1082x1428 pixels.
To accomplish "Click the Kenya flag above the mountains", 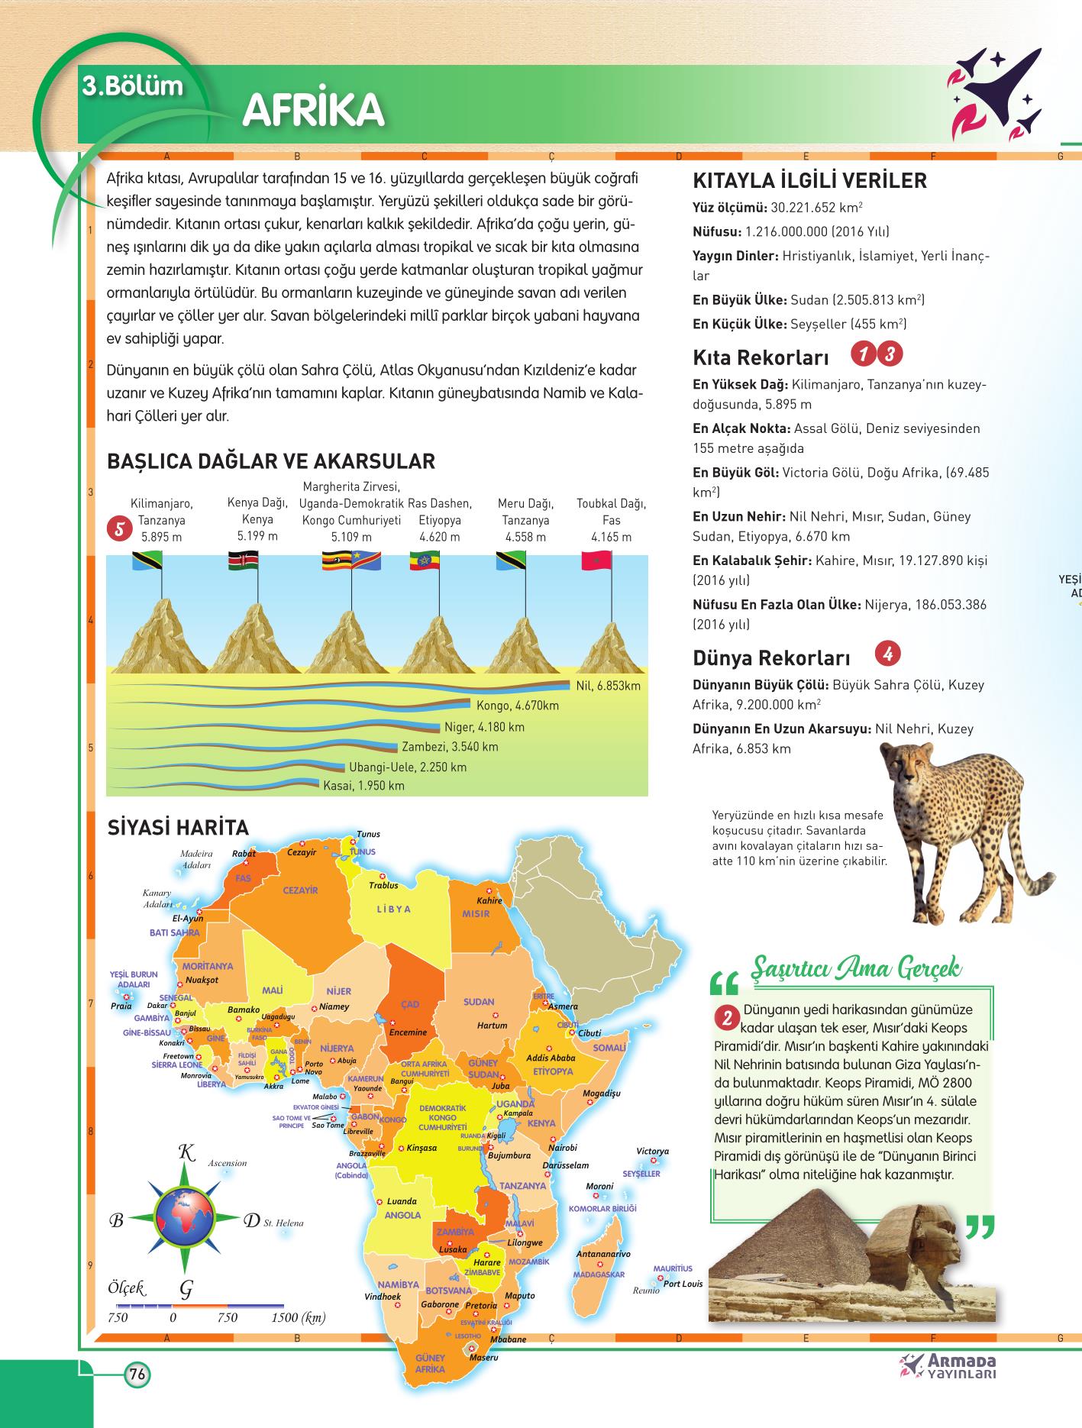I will [x=244, y=562].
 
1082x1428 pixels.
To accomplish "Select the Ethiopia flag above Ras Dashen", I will [x=425, y=562].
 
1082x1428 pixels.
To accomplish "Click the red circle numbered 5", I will [x=118, y=529].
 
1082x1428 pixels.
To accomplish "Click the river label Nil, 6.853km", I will [x=609, y=685].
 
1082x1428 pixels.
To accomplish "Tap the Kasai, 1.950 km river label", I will [x=364, y=785].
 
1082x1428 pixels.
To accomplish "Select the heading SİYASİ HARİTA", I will [x=178, y=828].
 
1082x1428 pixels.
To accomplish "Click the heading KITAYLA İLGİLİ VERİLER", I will [x=809, y=181].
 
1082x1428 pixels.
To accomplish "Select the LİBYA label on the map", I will [x=394, y=909].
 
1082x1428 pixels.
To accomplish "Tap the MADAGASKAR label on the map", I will [x=599, y=1275].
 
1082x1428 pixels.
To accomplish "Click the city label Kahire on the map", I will [x=489, y=900].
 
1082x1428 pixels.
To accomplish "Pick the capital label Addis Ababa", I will [x=551, y=1058].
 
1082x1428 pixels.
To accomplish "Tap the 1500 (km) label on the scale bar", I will [x=298, y=1317].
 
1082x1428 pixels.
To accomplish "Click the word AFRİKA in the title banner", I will [x=313, y=111].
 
